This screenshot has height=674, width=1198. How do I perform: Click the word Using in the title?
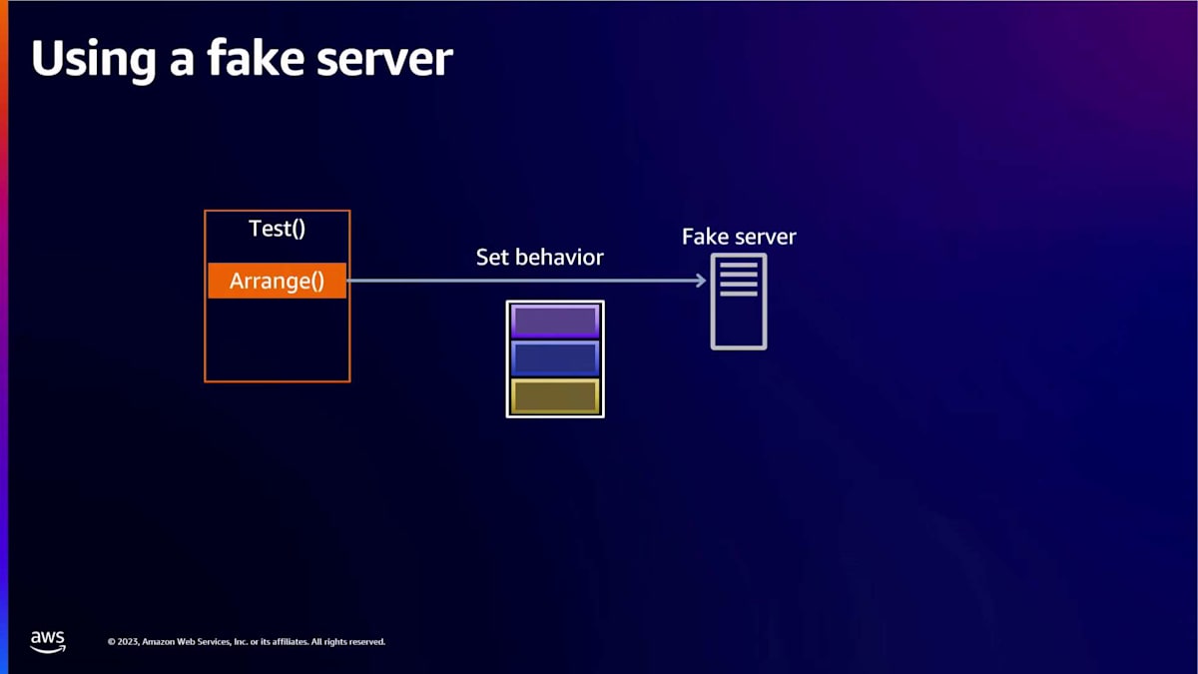[x=94, y=60]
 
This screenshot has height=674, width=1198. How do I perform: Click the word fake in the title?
[x=256, y=57]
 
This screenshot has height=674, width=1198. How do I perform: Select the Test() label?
[x=278, y=229]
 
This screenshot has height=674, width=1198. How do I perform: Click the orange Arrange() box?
[x=278, y=281]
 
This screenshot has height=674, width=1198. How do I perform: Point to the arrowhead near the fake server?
[x=701, y=281]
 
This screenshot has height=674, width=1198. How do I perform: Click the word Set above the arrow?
[x=491, y=258]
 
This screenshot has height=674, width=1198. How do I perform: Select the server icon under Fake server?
[x=739, y=302]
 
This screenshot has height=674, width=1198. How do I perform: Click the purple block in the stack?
[x=555, y=321]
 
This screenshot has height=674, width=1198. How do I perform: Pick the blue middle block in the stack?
[x=555, y=358]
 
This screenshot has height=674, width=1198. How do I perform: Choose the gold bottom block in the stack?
[x=555, y=396]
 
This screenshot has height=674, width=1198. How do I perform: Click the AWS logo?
[x=48, y=642]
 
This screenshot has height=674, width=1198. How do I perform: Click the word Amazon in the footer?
[x=159, y=642]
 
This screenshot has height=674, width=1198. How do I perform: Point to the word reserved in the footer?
[x=367, y=642]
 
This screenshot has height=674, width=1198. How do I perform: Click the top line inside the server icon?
[x=739, y=265]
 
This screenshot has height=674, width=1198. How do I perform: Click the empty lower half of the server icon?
[x=739, y=323]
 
